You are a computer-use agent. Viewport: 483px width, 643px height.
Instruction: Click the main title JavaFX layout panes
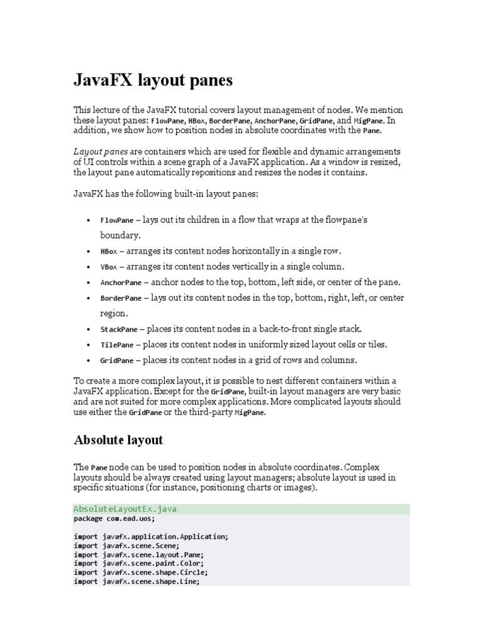tap(153, 80)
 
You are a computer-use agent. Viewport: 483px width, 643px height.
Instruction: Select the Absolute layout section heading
tap(118, 440)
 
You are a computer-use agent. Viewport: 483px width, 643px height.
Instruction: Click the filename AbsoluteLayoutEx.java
tap(125, 509)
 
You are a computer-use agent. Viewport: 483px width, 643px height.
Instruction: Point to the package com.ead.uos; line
tap(114, 519)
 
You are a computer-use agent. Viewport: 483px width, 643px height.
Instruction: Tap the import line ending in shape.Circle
tap(141, 573)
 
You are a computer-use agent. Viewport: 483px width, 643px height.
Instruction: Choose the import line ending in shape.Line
tap(136, 581)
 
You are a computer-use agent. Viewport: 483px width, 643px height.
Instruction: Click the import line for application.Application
tap(151, 538)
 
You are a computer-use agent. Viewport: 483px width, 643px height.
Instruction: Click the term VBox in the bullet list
tap(108, 267)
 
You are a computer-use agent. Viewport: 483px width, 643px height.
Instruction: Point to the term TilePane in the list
tap(116, 345)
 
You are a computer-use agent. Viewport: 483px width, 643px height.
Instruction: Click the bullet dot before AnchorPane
tap(87, 283)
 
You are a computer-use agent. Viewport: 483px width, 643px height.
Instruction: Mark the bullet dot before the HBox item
tap(87, 251)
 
